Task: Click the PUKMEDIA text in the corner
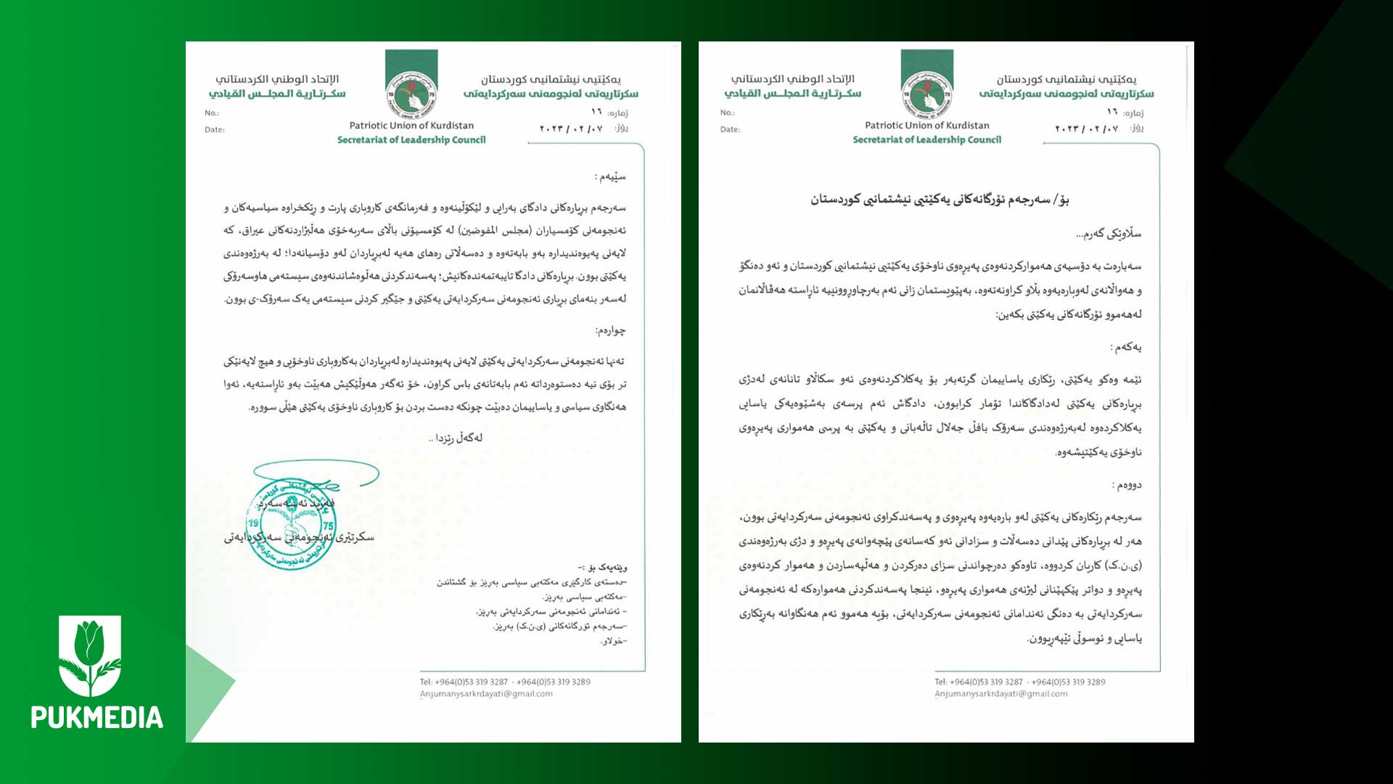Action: [x=96, y=717]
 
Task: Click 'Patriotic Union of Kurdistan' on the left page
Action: [x=411, y=126]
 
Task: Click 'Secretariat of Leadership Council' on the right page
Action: [x=926, y=140]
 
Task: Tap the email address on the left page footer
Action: [x=486, y=694]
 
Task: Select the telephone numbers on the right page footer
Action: [x=1020, y=682]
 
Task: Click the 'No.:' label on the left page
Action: [x=212, y=113]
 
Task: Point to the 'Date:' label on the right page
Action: [x=730, y=129]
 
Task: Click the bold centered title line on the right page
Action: [x=940, y=200]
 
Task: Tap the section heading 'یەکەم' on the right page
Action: [x=1126, y=348]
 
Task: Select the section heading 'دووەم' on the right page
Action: [x=1127, y=485]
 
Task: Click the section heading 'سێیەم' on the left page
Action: [x=610, y=176]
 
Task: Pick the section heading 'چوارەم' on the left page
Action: [x=610, y=331]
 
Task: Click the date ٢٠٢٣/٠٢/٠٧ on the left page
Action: [x=571, y=128]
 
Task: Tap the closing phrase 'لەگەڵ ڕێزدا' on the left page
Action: [x=456, y=438]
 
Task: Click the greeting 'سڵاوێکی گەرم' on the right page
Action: [x=1109, y=234]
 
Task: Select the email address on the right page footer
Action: [x=1001, y=694]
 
